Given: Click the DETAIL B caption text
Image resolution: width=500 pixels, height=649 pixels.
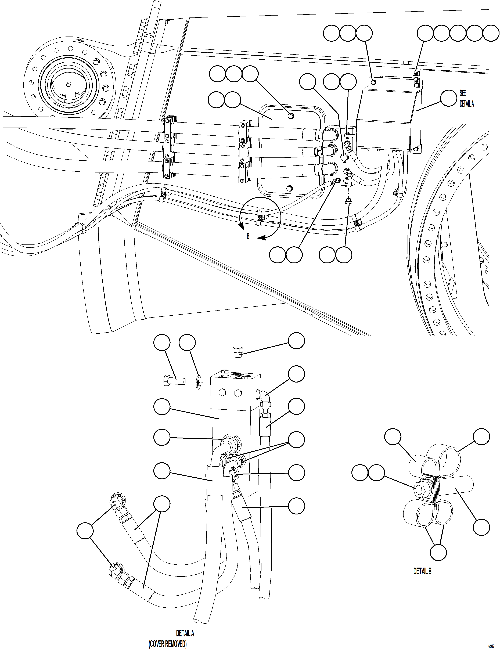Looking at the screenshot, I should [x=422, y=571].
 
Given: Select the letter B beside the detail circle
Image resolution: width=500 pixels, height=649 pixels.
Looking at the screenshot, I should [x=248, y=237].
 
